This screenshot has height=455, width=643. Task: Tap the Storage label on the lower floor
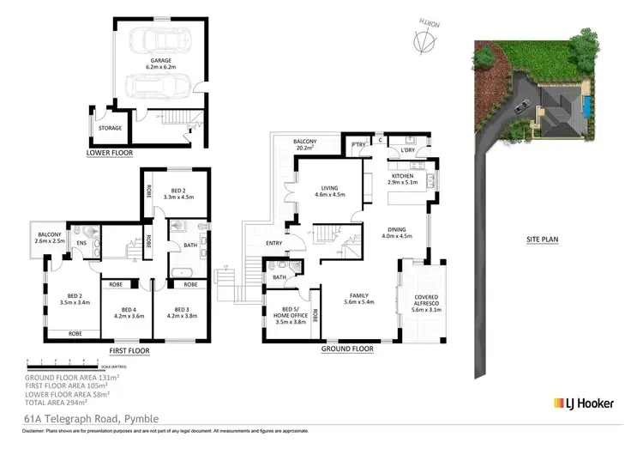[110, 128]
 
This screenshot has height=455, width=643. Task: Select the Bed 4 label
[129, 312]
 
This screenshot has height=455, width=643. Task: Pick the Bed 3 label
[181, 312]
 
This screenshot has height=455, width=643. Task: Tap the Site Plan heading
[542, 240]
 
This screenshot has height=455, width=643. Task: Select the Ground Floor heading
[346, 349]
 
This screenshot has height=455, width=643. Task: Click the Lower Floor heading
[110, 154]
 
